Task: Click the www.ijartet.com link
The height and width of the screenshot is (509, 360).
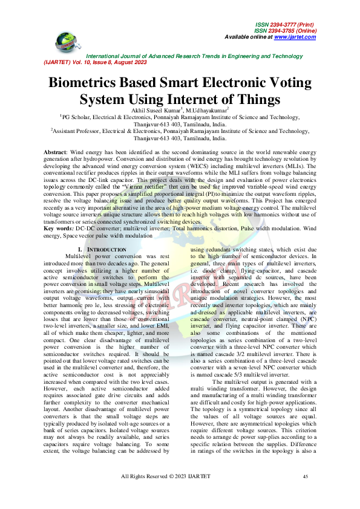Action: [x=295, y=37]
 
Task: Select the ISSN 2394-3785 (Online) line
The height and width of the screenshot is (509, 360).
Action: [x=284, y=31]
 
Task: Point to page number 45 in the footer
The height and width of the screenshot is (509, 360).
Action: [x=306, y=477]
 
